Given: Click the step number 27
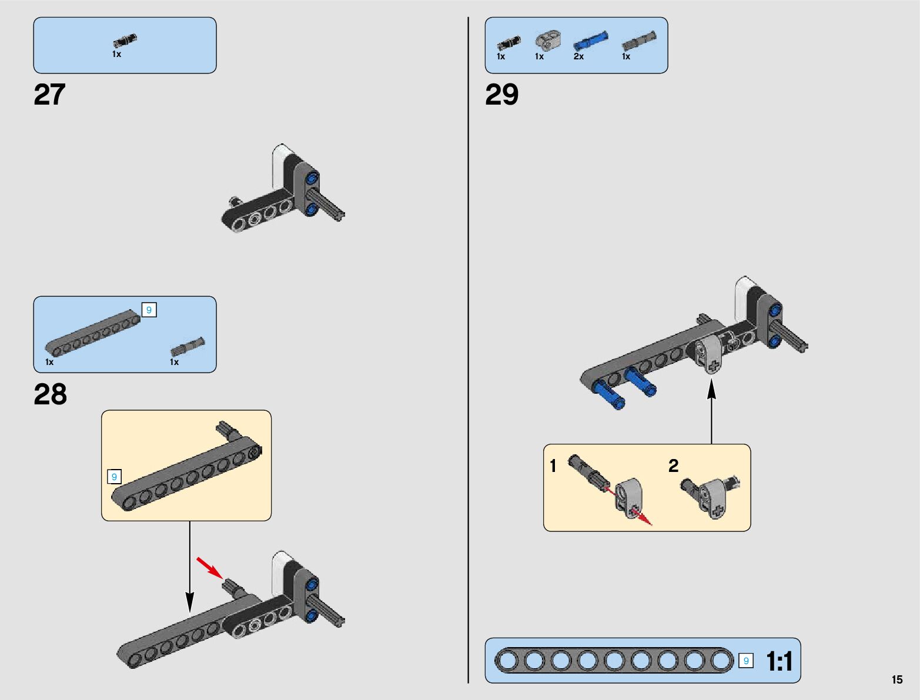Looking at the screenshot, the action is [49, 95].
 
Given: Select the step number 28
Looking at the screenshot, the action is [50, 394].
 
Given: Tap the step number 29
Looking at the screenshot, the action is [501, 95].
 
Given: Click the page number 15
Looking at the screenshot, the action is [896, 679].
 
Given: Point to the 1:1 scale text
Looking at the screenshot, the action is [779, 662].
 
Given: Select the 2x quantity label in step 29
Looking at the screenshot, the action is [578, 56].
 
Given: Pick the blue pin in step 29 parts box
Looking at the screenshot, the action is [590, 41].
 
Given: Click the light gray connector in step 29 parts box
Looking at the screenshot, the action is [547, 41].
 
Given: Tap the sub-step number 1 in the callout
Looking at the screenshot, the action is [553, 466].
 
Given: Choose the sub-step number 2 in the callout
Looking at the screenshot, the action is [673, 466].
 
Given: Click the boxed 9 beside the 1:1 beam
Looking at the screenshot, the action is [745, 661].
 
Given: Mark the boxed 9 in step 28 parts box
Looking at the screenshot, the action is [149, 310].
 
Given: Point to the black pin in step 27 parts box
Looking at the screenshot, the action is [125, 41].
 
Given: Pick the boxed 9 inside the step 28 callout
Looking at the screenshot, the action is [114, 477].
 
